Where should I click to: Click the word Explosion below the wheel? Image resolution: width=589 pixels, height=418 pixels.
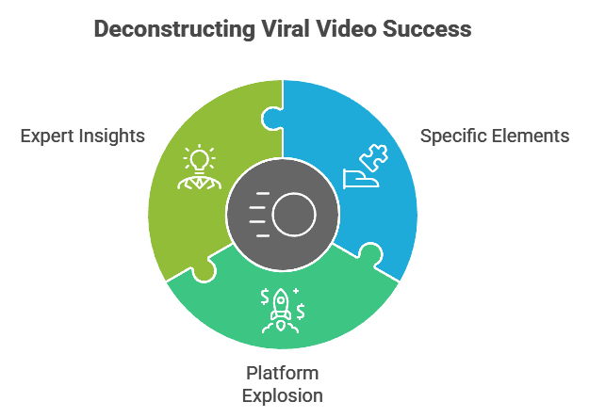pos(282,394)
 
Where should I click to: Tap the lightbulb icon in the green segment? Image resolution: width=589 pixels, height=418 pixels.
pos(199,158)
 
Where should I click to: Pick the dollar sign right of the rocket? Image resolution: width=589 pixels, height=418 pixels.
pos(300,311)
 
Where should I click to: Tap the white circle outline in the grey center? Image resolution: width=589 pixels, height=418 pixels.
pos(294,216)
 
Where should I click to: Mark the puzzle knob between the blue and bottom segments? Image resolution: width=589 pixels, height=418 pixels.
pos(369,254)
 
